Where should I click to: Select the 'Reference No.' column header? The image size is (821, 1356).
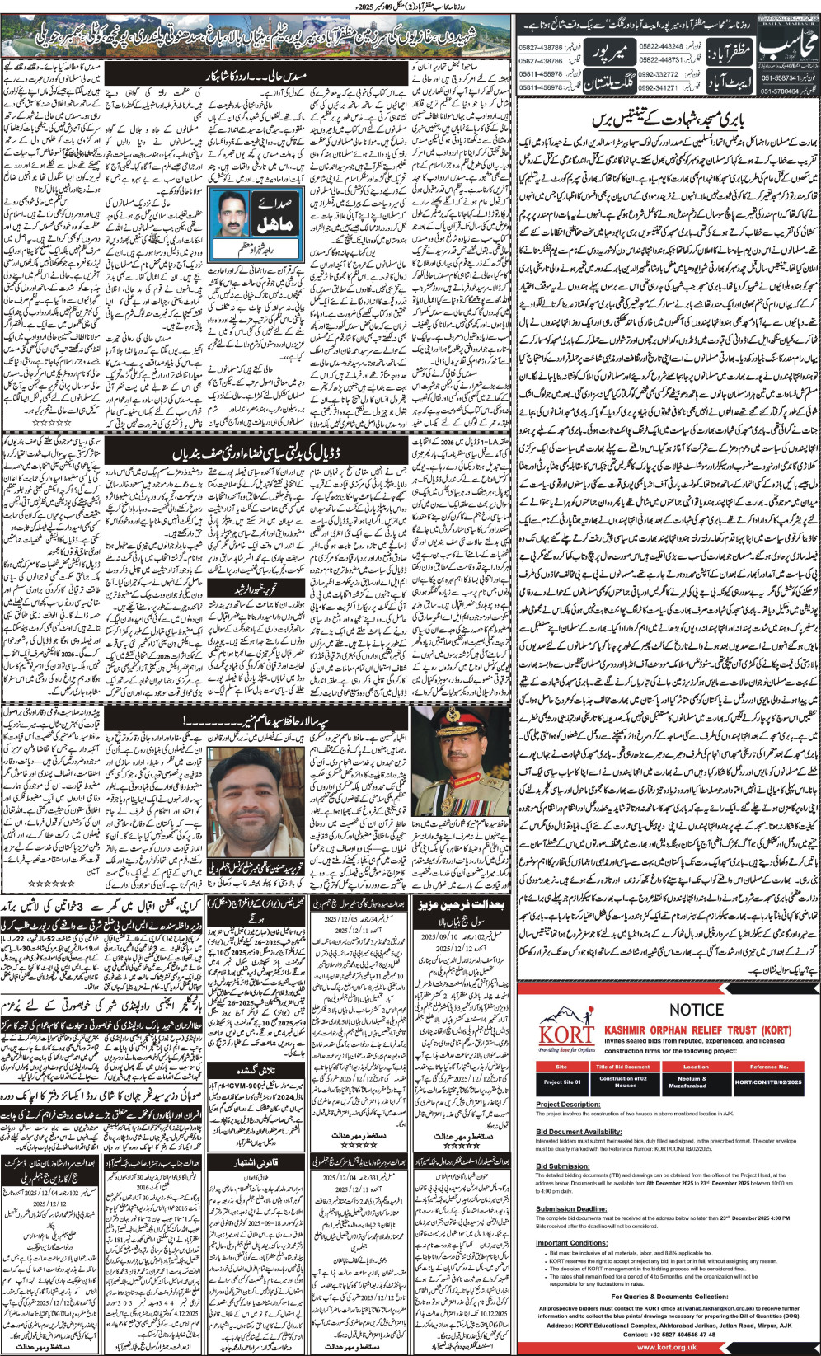(768, 1067)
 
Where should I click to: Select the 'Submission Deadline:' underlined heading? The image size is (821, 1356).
(567, 1209)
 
